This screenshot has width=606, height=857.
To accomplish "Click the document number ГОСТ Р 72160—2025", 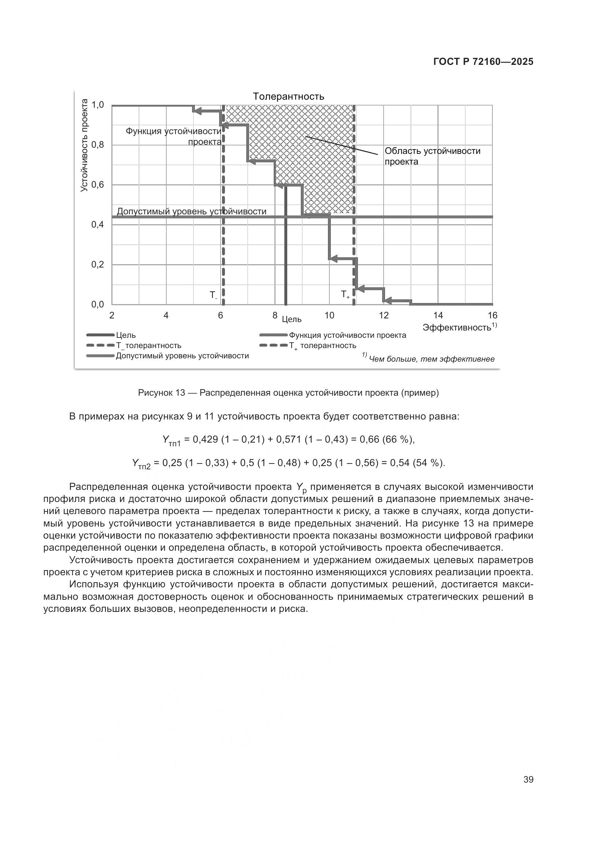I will coord(483,62).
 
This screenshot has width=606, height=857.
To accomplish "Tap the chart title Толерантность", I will coord(288,96).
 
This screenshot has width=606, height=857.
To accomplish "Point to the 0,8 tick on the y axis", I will coord(98,145).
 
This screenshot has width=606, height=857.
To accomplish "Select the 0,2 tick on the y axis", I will coord(98,265).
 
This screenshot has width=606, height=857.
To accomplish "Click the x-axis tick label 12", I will coord(384,316).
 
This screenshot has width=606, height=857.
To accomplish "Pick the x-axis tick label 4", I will coord(166,316).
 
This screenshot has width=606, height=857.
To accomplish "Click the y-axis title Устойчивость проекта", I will coord(85,145).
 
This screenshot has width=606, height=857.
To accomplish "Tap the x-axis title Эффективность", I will coord(457,327).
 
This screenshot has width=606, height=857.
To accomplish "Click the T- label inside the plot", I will coord(213,295).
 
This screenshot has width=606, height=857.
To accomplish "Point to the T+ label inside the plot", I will coord(345,295).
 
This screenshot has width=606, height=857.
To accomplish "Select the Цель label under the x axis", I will coord(291,319).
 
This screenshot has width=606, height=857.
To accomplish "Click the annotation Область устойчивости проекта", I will coord(432,156).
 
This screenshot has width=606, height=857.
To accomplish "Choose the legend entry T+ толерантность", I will coord(322,346).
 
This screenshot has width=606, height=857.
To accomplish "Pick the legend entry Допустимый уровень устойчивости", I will coord(182,356).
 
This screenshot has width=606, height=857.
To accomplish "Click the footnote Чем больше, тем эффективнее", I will coord(431,359).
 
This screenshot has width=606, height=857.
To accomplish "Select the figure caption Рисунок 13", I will coord(288,393).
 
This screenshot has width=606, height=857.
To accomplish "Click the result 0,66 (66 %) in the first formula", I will coord(387,440).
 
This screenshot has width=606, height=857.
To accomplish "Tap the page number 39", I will coord(528,780).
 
